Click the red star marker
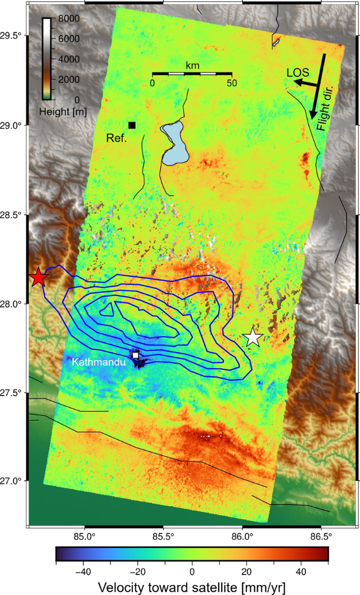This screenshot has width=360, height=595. [x=38, y=278]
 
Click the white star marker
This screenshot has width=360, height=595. [x=253, y=338]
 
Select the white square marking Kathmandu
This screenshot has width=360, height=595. [x=136, y=356]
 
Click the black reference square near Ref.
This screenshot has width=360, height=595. [x=132, y=125]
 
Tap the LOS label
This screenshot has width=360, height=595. [x=297, y=72]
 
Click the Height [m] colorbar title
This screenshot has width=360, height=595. [x=63, y=112]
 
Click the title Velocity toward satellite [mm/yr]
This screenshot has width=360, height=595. [x=192, y=585]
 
